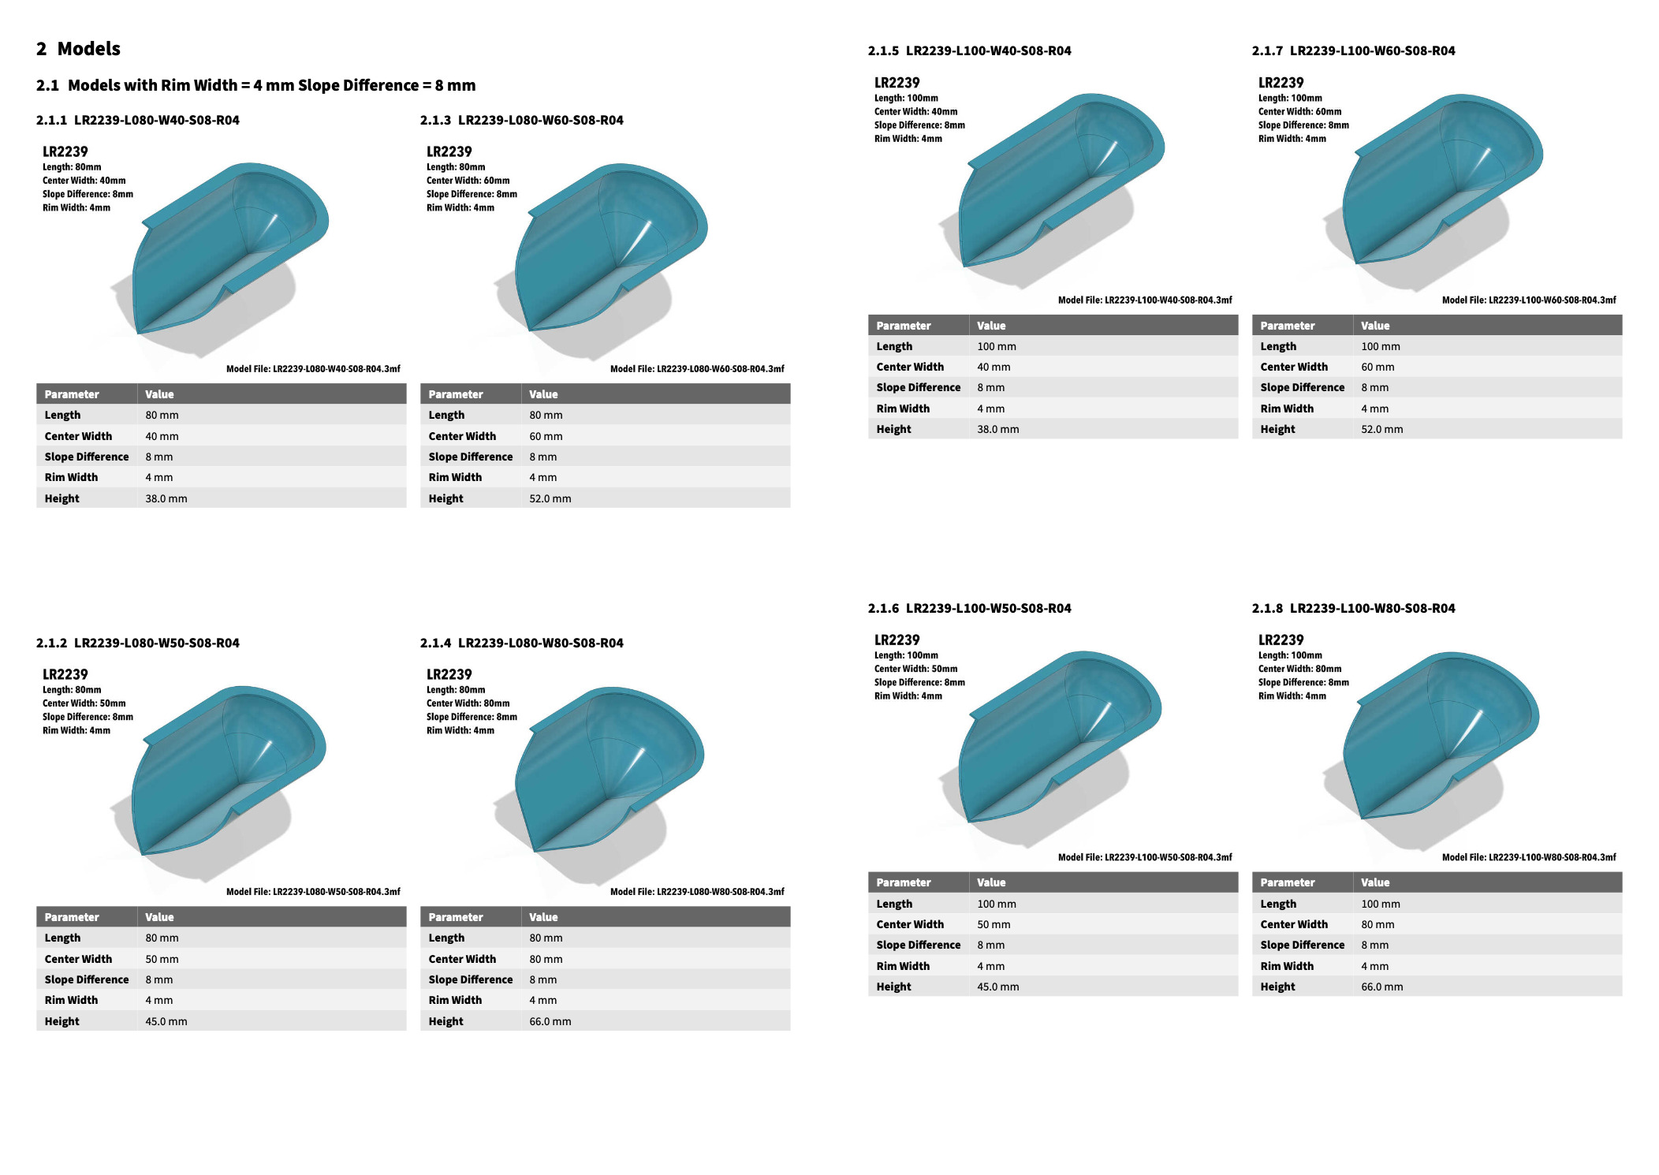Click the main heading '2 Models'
[x=78, y=49]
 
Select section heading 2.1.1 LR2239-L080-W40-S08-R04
[x=138, y=120]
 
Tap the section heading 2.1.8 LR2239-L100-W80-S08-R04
[x=1353, y=608]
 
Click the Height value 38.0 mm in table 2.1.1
[x=166, y=498]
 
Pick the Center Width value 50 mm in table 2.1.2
[x=162, y=959]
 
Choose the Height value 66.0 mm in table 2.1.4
[x=550, y=1021]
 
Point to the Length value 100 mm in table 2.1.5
[x=997, y=346]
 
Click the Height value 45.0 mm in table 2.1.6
[x=998, y=987]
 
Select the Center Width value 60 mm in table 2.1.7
[x=1378, y=367]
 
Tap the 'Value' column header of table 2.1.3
[x=543, y=394]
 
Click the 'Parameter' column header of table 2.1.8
[x=1288, y=882]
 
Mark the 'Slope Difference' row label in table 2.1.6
[x=919, y=945]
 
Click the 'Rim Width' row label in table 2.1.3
[x=455, y=477]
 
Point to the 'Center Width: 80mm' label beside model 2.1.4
[x=468, y=703]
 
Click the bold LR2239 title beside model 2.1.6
[x=897, y=640]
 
